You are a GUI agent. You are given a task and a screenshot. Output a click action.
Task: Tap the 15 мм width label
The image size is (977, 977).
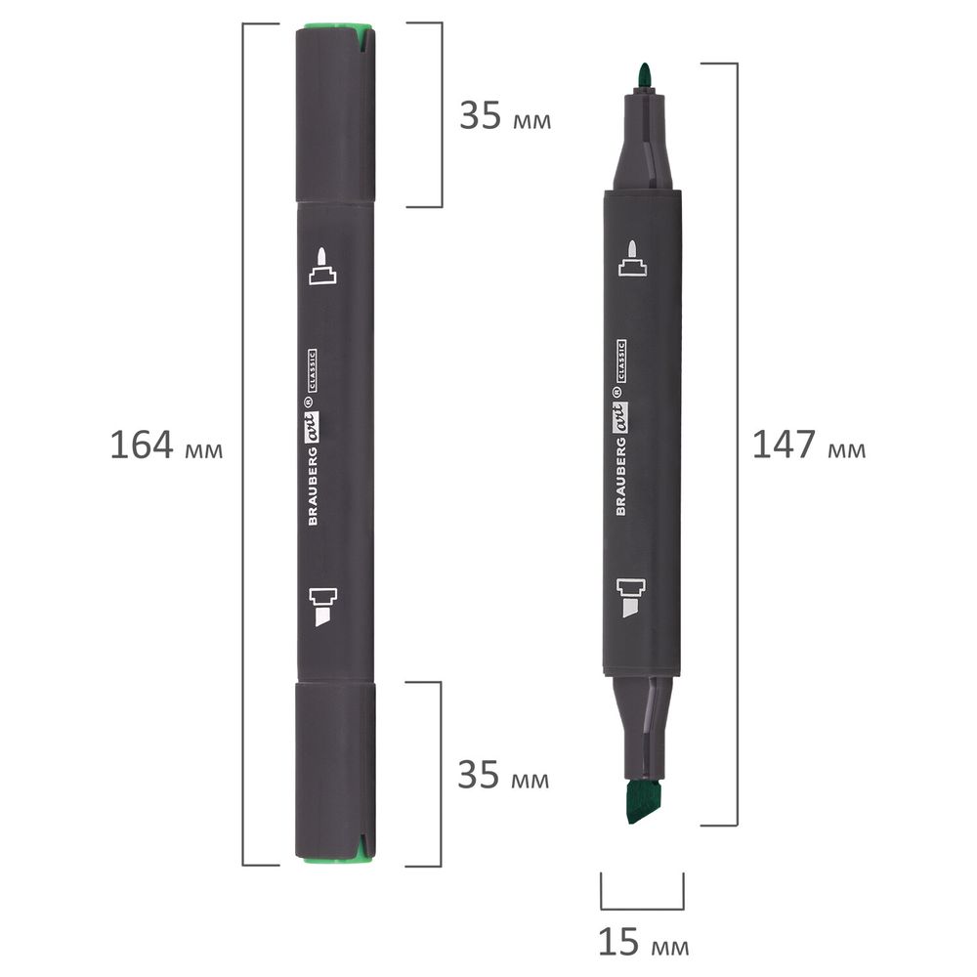(644, 942)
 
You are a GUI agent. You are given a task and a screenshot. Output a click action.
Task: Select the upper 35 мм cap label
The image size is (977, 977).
(505, 115)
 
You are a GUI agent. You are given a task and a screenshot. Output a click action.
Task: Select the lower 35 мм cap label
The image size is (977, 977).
(503, 775)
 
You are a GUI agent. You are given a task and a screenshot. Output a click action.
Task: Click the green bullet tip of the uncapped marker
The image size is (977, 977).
(644, 76)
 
